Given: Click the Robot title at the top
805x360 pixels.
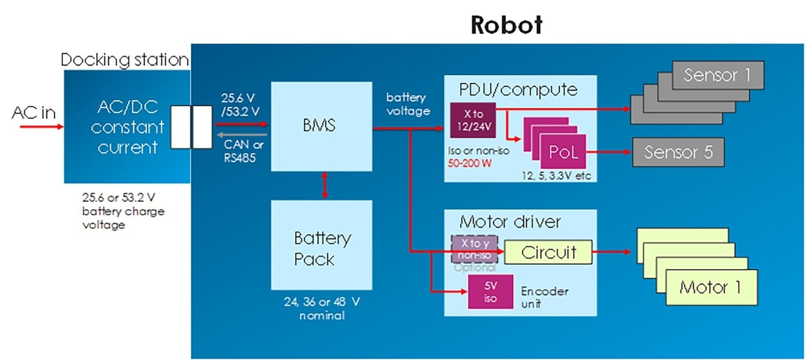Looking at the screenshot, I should tap(506, 25).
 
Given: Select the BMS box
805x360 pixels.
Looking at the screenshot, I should tap(321, 126).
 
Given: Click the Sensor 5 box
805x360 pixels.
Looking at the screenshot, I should tap(678, 152).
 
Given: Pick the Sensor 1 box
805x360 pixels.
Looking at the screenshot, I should tap(717, 75).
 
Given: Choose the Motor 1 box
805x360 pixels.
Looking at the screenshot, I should tap(711, 288).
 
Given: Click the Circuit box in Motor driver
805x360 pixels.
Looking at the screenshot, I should tap(548, 252).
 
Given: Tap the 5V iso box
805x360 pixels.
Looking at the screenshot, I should tap(490, 292).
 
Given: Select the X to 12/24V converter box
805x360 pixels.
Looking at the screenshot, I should tap(473, 120).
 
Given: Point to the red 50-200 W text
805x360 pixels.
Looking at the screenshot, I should tap(470, 163).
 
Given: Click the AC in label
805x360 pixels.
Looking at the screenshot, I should tap(34, 113).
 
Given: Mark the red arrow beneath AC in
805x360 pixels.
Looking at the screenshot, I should tap(41, 127).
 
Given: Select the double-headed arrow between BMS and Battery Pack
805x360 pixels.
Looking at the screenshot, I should tap(325, 185).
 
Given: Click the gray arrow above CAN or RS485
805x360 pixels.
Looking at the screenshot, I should tap(242, 134).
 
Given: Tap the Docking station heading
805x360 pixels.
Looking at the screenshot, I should tap(125, 60).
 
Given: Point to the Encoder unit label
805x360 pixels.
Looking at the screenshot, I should tap(544, 297).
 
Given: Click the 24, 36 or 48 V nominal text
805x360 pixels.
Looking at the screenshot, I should tap(322, 308).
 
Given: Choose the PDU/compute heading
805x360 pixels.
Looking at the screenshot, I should tap(518, 90).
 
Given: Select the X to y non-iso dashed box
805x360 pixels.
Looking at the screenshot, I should tap(474, 249).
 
